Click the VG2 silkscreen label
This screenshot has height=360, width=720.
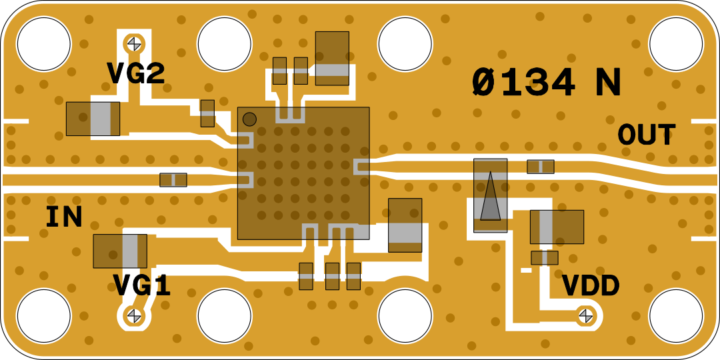pos(135,73)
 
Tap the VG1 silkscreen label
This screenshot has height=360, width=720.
pos(141,285)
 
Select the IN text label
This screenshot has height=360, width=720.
pos(64,217)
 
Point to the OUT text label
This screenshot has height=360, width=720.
pos(646,135)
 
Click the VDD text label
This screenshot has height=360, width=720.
pos(591,286)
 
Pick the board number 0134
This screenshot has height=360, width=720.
pos(523,83)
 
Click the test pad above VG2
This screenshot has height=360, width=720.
pos(135,43)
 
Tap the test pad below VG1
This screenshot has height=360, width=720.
pos(135,314)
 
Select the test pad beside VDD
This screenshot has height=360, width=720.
pos(585,315)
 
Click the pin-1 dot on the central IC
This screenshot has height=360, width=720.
pos(249,119)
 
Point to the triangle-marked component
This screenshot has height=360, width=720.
pos(491,195)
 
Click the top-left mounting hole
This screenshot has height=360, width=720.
pos(43,44)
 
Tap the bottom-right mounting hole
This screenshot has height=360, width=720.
pos(675,315)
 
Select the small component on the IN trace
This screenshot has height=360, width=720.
pos(173,179)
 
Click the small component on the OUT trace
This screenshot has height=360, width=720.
pos(540,167)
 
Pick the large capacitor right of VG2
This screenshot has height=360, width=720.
pos(93,119)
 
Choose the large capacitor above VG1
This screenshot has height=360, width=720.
pos(120,251)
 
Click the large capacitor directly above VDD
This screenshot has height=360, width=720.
pos(557,227)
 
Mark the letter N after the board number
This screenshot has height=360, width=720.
pos(608,83)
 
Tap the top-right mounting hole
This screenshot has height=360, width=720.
pos(675,44)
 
